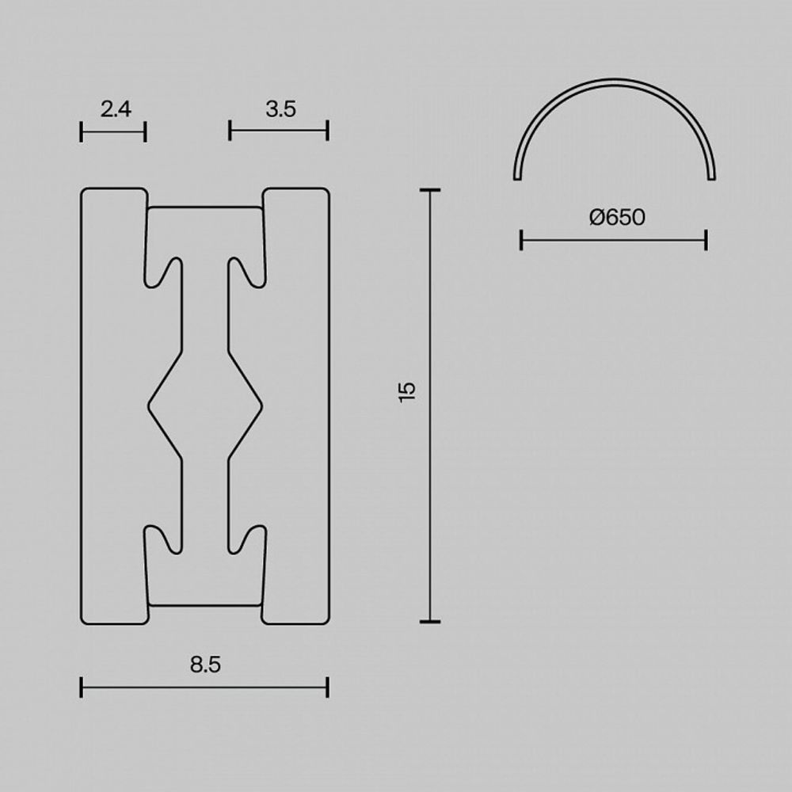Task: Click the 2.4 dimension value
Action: pyautogui.click(x=116, y=109)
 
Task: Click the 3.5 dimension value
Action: pyautogui.click(x=280, y=109)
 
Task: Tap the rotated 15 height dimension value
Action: pyautogui.click(x=407, y=391)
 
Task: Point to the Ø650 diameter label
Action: pyautogui.click(x=617, y=217)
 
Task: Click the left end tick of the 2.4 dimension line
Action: pyautogui.click(x=82, y=131)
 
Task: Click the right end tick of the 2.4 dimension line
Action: pyautogui.click(x=146, y=131)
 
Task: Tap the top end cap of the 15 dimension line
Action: pyautogui.click(x=430, y=191)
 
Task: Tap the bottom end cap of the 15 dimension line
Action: pyautogui.click(x=430, y=622)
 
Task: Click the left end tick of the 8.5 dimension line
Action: pyautogui.click(x=82, y=687)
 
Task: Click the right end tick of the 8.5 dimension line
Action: pyautogui.click(x=327, y=687)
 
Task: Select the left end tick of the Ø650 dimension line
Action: pyautogui.click(x=521, y=240)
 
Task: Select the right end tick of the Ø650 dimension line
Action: pyautogui.click(x=706, y=240)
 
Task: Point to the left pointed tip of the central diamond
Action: pyautogui.click(x=149, y=406)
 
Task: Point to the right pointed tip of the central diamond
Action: pyautogui.click(x=262, y=406)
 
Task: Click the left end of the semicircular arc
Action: pyautogui.click(x=518, y=177)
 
